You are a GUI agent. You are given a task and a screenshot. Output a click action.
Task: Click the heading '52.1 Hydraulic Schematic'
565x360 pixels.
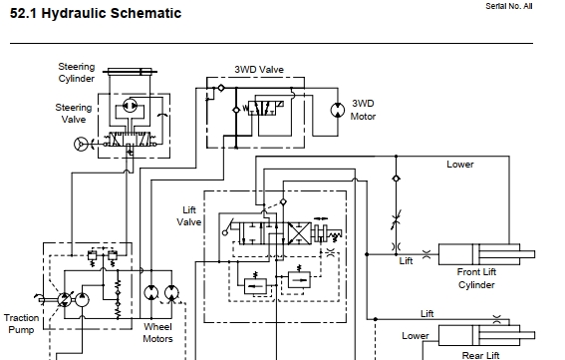[x=96, y=13]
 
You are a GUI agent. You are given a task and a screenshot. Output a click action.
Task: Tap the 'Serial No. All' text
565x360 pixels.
[x=509, y=6]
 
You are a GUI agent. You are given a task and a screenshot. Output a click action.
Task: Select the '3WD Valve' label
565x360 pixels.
[x=259, y=69]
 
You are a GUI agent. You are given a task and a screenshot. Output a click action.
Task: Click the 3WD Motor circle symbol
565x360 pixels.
[x=338, y=110]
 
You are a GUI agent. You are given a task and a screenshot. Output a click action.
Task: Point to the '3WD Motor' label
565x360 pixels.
[x=363, y=110]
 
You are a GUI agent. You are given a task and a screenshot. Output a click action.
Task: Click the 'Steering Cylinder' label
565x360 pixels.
[x=77, y=73]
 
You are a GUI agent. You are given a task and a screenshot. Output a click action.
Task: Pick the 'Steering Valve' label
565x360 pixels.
[x=74, y=114]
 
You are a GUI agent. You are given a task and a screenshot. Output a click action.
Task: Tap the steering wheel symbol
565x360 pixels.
[x=81, y=145]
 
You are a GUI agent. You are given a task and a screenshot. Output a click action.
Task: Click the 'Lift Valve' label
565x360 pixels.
[x=188, y=215]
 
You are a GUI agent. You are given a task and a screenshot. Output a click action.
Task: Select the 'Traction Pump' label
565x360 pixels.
[x=21, y=323]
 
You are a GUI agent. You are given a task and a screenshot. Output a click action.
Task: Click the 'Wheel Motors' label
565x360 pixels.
[x=157, y=333]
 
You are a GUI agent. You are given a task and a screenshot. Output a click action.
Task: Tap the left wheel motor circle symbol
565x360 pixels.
[x=151, y=293]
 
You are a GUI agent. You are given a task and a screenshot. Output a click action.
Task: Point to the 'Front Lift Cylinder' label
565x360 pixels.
[x=476, y=278]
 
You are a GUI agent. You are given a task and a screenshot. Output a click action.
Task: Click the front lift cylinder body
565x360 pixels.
[x=479, y=254]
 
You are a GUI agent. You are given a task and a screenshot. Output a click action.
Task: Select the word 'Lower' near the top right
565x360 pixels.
[x=460, y=165]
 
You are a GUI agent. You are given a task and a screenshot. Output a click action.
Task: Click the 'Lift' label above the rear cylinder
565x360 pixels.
[x=427, y=313]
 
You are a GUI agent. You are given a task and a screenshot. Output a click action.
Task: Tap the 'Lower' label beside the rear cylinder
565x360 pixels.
[x=416, y=336]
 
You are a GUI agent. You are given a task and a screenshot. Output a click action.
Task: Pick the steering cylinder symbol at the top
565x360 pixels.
[x=130, y=72]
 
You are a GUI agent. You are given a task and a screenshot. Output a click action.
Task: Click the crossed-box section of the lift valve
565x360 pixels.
[x=299, y=233]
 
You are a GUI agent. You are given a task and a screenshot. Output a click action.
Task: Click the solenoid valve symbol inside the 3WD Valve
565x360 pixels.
[x=264, y=108]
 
